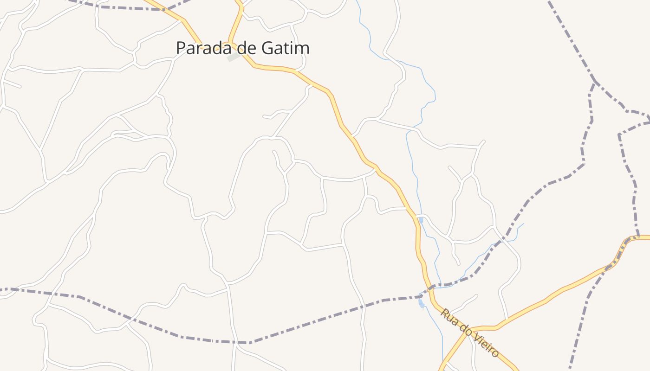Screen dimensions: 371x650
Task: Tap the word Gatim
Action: coord(287,48)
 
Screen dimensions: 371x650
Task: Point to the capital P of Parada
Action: coord(181,48)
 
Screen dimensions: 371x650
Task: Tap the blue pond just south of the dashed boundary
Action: coord(421,303)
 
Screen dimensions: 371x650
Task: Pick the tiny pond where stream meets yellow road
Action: coord(420,218)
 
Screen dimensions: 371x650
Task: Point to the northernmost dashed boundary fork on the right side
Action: coord(595,82)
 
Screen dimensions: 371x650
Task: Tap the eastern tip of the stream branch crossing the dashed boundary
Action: coord(523,224)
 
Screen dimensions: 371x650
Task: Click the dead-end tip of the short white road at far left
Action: coord(20,86)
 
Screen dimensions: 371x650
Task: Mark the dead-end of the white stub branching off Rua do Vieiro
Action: coord(477,295)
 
